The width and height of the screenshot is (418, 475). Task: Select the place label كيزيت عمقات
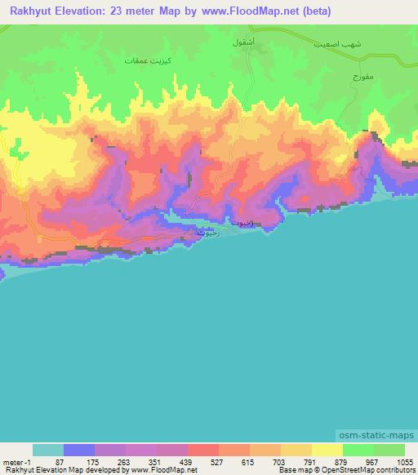(147, 60)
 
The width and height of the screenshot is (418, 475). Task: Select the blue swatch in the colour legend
(79, 450)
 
